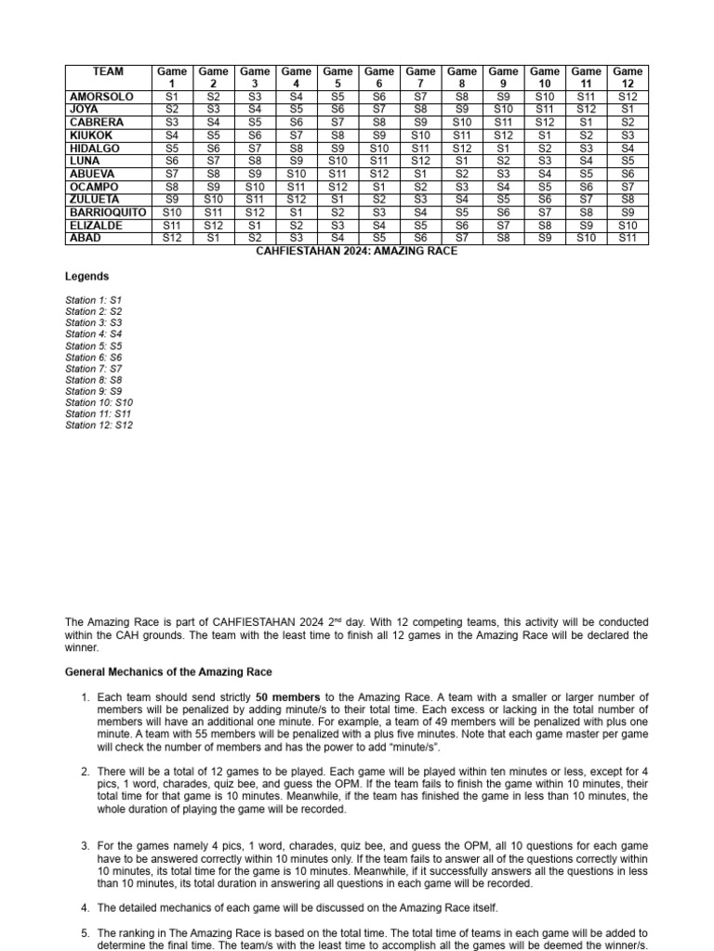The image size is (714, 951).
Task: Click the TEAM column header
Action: coord(108,72)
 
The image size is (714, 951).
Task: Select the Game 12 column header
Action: coord(628,77)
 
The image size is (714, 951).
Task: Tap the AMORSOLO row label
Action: coord(101,97)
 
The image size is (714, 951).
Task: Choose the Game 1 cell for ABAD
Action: coord(172,239)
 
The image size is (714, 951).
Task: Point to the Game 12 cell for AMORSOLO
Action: coord(628,97)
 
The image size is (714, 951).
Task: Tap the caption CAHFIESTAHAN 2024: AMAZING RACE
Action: coord(356,252)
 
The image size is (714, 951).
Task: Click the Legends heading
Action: coord(86,277)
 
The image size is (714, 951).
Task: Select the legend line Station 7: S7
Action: coord(93,369)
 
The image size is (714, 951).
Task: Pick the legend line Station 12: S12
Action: coord(99,425)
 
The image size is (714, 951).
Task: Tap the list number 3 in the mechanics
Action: coord(85,846)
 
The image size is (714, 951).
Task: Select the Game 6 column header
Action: coord(378,77)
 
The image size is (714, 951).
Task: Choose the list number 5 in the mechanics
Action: coord(85,932)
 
